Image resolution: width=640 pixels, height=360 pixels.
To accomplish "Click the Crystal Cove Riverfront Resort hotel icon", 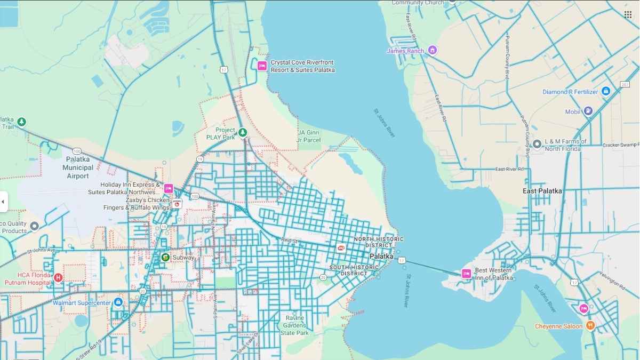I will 262,66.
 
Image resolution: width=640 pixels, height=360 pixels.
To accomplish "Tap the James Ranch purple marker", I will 433,51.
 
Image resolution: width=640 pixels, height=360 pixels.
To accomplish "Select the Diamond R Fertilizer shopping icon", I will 606,92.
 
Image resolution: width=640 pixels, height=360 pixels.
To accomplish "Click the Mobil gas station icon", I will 588,111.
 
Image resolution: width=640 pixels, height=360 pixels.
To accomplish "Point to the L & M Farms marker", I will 537,144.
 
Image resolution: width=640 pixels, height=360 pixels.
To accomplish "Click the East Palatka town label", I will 542,191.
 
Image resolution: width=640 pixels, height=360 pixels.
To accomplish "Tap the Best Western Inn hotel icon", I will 467,274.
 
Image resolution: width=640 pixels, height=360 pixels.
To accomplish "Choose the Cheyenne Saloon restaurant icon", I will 590,325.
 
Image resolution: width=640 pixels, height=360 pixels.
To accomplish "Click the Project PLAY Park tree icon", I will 243,132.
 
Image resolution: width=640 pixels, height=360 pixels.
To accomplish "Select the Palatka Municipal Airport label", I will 78,167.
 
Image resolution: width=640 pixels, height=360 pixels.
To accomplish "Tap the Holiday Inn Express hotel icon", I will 169,188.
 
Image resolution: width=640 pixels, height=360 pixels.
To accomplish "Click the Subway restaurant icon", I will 165,258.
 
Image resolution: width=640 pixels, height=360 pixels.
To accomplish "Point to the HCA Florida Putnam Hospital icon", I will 58,277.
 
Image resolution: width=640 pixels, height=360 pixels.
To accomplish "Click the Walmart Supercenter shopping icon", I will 118,302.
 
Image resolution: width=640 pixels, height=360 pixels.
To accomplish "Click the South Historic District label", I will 348,270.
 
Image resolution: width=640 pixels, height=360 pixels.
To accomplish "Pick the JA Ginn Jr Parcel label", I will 309,136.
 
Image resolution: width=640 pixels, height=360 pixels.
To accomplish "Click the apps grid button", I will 628,14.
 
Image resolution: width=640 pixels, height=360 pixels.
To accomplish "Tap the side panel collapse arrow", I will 3,202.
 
